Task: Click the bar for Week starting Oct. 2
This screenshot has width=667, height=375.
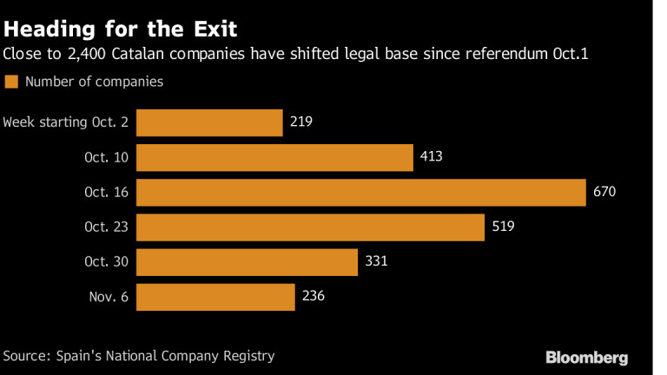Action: (209, 122)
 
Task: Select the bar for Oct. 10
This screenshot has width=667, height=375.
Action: (274, 157)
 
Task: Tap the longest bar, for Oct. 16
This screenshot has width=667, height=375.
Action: (361, 192)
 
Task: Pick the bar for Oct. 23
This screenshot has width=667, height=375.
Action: (310, 227)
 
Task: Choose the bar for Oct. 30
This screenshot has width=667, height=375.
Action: (247, 262)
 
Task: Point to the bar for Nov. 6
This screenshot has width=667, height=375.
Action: (215, 297)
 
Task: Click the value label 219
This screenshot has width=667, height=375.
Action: (300, 122)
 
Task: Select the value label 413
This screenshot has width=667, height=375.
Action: (431, 157)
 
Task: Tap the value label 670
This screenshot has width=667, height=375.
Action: (604, 192)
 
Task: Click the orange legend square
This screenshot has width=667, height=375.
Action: (11, 82)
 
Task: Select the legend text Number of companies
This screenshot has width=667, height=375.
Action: (94, 82)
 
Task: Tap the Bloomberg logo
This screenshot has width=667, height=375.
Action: (586, 357)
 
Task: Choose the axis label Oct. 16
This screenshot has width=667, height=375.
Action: (106, 192)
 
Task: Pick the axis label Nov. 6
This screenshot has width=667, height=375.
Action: (109, 297)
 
